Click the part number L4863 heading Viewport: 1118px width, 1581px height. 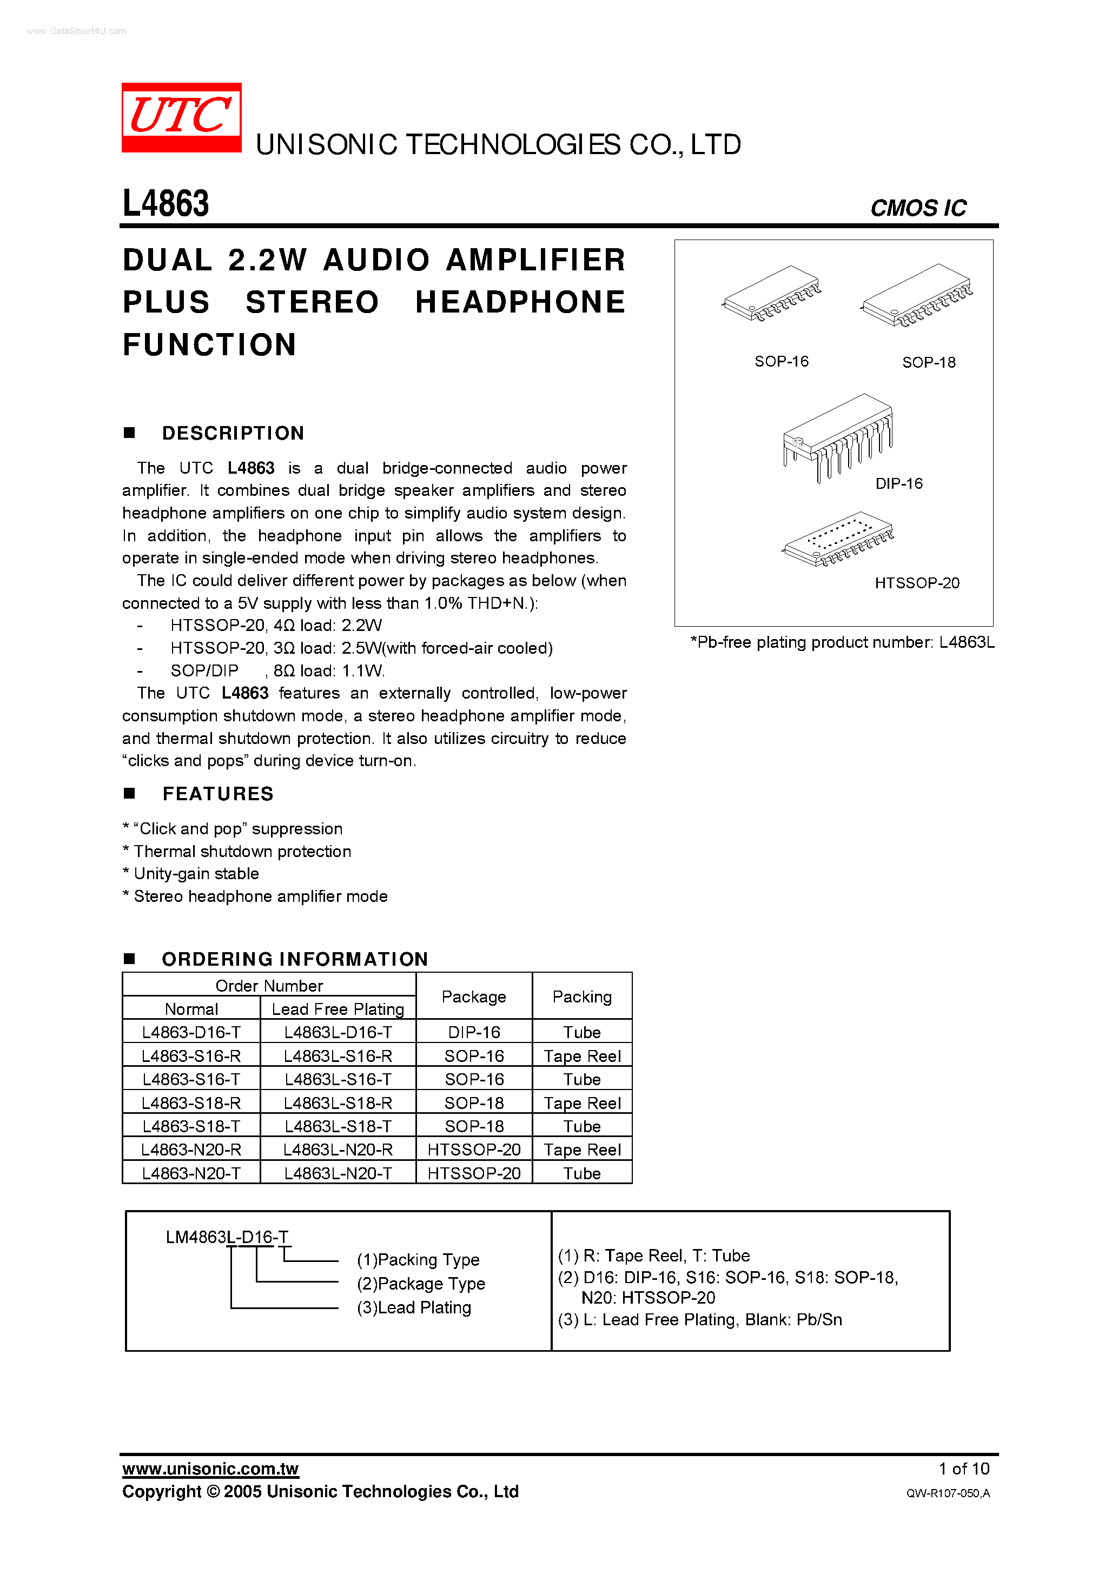point(166,204)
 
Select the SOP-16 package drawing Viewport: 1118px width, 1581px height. point(771,294)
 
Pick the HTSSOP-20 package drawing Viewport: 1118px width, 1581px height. point(838,539)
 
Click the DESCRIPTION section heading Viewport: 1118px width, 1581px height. point(233,433)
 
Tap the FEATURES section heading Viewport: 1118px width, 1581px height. point(217,794)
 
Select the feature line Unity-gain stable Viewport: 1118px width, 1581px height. point(196,874)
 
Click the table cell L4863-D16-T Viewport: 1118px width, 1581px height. point(191,1032)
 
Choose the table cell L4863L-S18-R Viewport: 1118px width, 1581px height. point(338,1103)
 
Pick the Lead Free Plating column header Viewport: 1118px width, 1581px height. point(338,1009)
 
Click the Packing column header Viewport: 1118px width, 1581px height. point(582,997)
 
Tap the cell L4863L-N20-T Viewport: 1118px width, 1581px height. point(338,1173)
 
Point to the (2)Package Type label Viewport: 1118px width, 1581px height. point(421,1284)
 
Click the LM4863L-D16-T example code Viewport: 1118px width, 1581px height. point(227,1238)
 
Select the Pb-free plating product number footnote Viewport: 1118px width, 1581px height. point(842,642)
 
